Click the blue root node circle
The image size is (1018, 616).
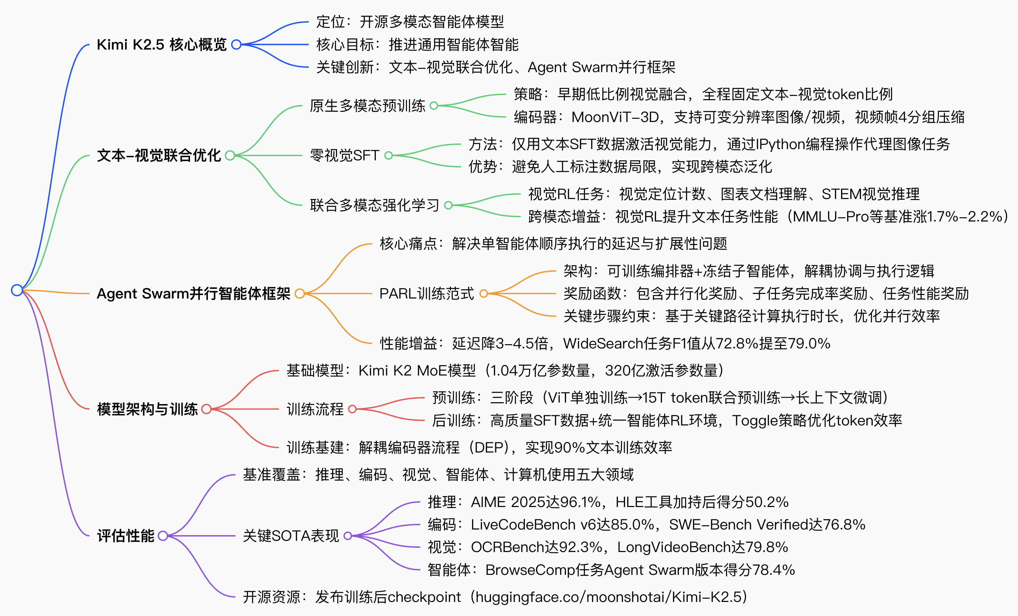(x=17, y=290)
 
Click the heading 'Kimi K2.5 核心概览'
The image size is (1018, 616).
(x=161, y=45)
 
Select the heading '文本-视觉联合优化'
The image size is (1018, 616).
(x=159, y=156)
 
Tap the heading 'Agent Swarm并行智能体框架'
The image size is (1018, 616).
(x=193, y=294)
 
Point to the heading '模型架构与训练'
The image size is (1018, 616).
(x=147, y=409)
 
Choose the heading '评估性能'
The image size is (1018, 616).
(x=126, y=536)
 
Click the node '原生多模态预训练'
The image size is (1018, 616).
(x=367, y=106)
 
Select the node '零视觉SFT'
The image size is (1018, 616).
(x=345, y=156)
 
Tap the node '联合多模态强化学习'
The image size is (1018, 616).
(x=374, y=205)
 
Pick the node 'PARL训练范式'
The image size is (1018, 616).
(x=426, y=294)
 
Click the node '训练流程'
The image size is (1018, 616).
(x=315, y=409)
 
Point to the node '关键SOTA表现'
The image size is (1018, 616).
(x=291, y=536)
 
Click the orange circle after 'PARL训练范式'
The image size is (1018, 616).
(x=483, y=294)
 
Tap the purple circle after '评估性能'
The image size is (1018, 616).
(x=163, y=536)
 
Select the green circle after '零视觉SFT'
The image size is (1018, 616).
(x=388, y=156)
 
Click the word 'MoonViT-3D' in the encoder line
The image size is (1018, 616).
(x=615, y=117)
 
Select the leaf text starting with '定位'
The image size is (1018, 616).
(x=410, y=22)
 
